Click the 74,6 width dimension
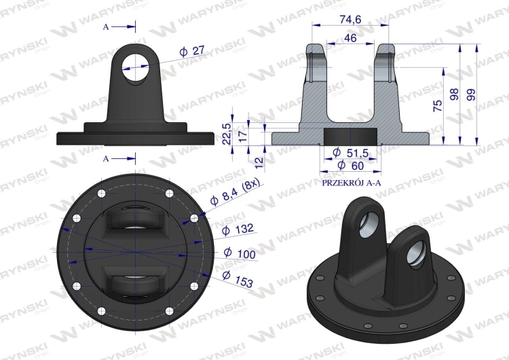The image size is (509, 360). pos(350,20)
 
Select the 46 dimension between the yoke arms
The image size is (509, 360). pos(350,38)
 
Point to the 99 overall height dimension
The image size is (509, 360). pos(471,94)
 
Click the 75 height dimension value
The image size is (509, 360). pos(438,106)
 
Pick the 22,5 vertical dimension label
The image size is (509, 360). pos(227,134)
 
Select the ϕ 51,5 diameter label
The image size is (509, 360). pos(351,152)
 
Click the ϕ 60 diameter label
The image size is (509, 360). pos(351,165)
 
